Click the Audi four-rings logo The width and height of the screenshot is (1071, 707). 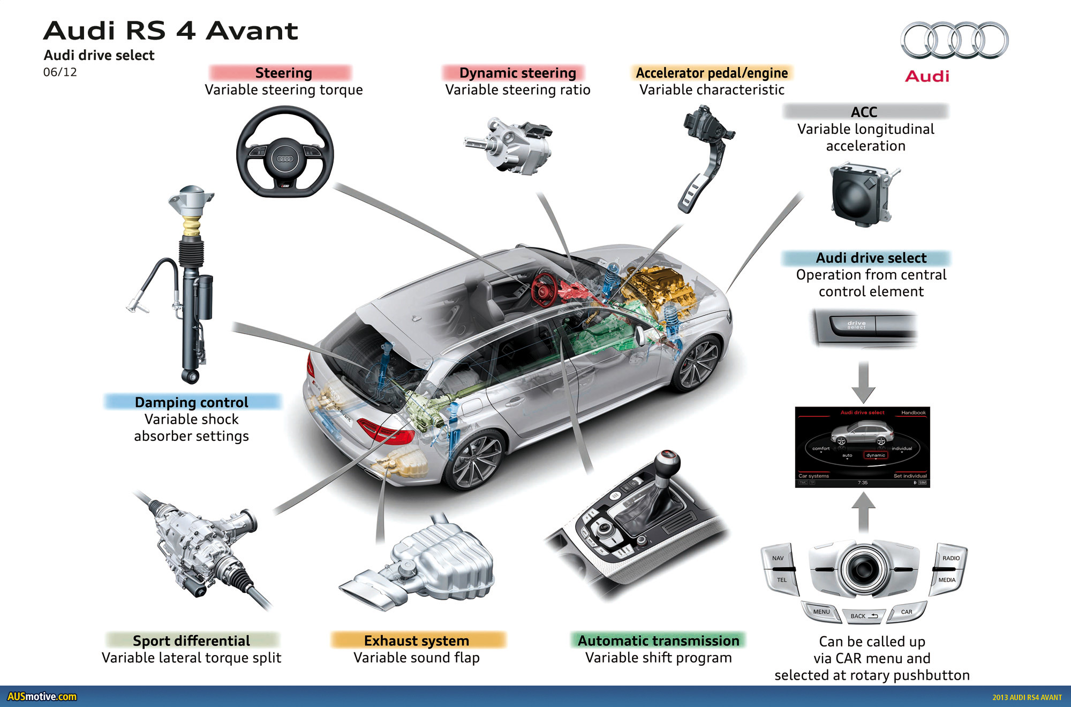click(x=954, y=40)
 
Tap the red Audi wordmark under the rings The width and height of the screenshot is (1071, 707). click(x=927, y=76)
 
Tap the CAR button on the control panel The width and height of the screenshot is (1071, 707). click(x=906, y=612)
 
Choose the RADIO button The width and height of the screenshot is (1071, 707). click(x=951, y=558)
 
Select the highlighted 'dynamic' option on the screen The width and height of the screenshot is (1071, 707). click(x=876, y=455)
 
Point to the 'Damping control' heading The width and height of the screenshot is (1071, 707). click(x=192, y=402)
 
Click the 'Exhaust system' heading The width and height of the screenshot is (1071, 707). click(x=417, y=641)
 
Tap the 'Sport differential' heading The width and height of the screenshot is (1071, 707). click(x=191, y=641)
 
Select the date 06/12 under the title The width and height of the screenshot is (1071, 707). click(x=60, y=72)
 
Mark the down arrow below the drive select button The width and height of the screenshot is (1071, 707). click(x=863, y=382)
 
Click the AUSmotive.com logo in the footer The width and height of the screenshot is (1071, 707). click(x=42, y=697)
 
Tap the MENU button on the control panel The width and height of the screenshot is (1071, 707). click(x=821, y=612)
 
